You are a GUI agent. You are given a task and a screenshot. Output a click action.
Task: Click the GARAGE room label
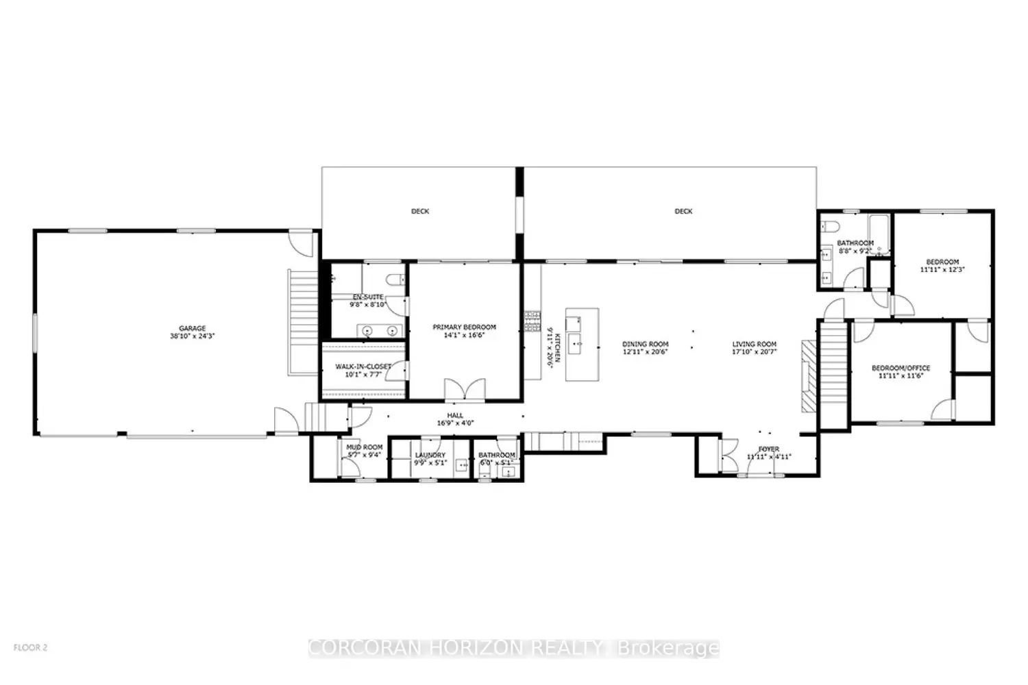(188, 328)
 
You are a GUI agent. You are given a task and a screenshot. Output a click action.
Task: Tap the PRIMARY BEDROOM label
(464, 327)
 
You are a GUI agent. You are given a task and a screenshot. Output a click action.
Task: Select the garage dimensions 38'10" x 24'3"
(188, 336)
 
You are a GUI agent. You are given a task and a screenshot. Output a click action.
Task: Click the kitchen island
(581, 344)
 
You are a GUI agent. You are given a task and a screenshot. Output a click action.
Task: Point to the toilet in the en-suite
(394, 279)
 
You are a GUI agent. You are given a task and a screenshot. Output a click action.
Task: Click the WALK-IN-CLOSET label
(363, 366)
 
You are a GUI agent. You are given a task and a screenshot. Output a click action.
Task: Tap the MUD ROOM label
(364, 447)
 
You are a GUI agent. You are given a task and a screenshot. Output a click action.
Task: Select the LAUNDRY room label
(430, 455)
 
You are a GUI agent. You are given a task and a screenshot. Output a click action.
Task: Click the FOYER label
(768, 449)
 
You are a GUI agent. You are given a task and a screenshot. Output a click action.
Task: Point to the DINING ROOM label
(645, 344)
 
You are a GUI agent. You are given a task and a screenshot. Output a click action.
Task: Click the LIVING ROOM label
(754, 344)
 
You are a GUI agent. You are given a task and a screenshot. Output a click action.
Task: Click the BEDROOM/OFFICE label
(901, 368)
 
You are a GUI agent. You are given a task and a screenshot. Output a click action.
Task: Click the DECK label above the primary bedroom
(420, 212)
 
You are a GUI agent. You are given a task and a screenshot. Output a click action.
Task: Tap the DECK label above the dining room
(683, 212)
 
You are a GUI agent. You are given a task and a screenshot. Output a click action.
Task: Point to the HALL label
(455, 415)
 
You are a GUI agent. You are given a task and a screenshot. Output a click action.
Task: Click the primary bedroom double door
(459, 390)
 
